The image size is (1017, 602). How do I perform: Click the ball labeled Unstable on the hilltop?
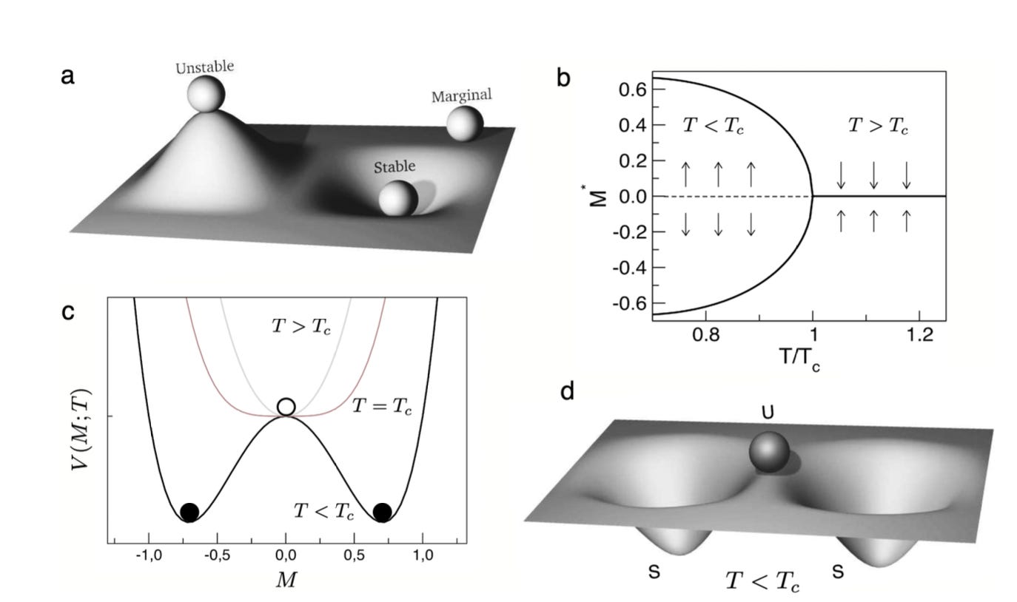pyautogui.click(x=206, y=93)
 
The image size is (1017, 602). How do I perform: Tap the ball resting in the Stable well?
pyautogui.click(x=398, y=198)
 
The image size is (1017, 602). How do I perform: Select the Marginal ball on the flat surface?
pyautogui.click(x=465, y=124)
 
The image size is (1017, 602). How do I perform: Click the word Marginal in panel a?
pyautogui.click(x=461, y=95)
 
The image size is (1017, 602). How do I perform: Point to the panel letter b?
pyautogui.click(x=563, y=78)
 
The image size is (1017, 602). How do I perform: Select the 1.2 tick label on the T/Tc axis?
pyautogui.click(x=920, y=335)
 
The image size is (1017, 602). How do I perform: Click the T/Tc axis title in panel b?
pyautogui.click(x=799, y=360)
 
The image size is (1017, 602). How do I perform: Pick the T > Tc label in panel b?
pyautogui.click(x=879, y=126)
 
